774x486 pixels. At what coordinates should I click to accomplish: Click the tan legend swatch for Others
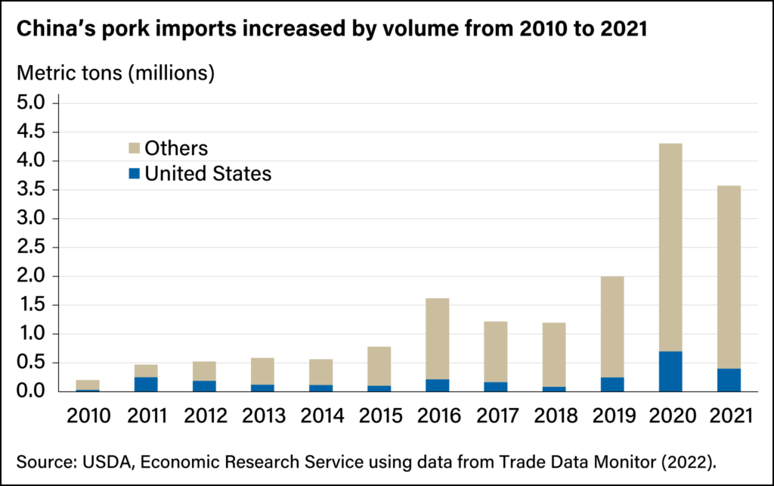point(133,148)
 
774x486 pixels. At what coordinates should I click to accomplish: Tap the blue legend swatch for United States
point(133,174)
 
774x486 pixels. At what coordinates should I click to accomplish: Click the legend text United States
point(208,174)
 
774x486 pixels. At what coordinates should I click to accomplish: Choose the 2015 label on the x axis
point(379,416)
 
